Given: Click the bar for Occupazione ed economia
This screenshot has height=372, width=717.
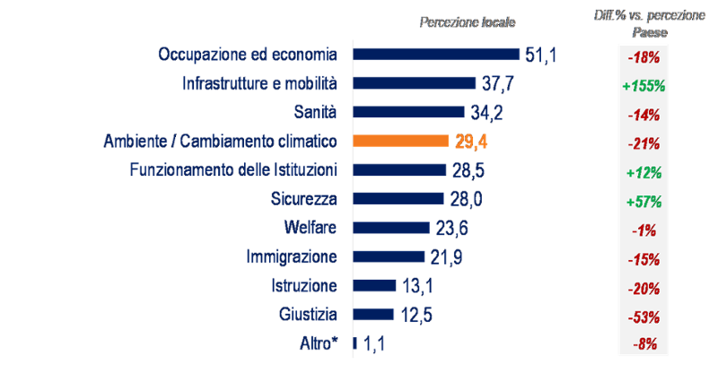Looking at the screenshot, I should (x=436, y=55).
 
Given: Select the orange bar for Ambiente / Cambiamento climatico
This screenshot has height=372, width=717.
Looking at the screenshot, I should (x=400, y=141).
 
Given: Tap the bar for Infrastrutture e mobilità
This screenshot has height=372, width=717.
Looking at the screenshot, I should (x=415, y=83).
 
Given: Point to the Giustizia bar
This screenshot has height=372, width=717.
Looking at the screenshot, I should (x=374, y=314).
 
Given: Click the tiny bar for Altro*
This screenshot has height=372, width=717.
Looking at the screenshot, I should (x=355, y=342).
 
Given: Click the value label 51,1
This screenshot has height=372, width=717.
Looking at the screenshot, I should (x=541, y=56).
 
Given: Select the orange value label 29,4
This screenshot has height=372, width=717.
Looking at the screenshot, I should (x=469, y=142).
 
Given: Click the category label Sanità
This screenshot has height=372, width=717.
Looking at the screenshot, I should (x=316, y=112).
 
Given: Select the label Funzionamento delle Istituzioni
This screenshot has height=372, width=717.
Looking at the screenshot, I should (x=233, y=169).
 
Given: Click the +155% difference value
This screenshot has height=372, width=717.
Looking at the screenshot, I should (x=643, y=87).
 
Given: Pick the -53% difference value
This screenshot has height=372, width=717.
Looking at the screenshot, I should (x=643, y=316).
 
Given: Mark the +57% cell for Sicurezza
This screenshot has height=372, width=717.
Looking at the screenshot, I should (x=643, y=202).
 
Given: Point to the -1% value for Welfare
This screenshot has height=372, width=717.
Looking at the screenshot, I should (x=643, y=230).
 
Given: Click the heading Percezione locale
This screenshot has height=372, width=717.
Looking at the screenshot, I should (x=468, y=22).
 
